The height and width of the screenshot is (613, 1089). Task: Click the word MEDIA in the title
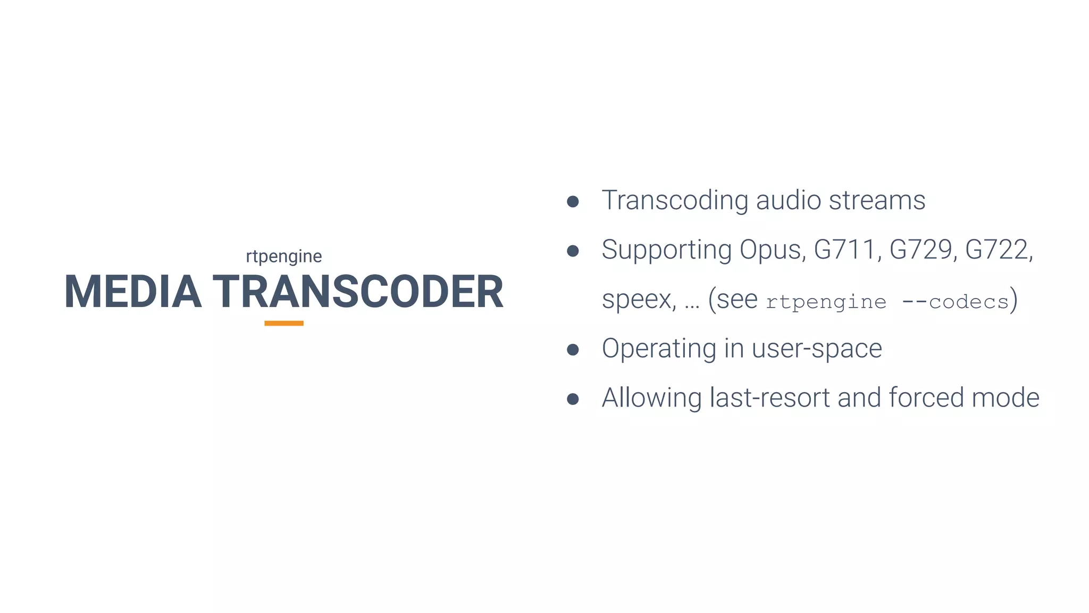[133, 292]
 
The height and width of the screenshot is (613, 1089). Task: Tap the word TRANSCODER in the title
[358, 292]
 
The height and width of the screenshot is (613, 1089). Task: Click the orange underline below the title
[284, 323]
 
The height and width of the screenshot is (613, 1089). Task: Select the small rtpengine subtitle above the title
[284, 256]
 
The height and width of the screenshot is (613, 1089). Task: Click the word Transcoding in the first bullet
[674, 201]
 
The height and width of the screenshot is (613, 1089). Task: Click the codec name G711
[844, 250]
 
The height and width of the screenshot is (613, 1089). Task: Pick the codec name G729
[920, 250]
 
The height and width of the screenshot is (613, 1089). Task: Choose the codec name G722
[997, 250]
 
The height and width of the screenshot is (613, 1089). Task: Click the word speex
[638, 300]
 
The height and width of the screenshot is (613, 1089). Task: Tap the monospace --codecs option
[956, 302]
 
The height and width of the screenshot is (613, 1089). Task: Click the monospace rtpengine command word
[826, 302]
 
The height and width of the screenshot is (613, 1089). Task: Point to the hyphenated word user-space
[817, 349]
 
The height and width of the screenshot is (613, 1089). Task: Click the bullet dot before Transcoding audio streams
[573, 201]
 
